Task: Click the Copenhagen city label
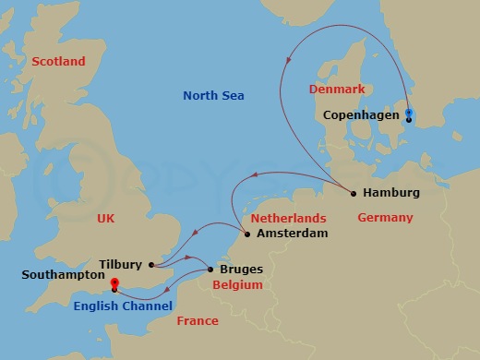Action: [x=362, y=115]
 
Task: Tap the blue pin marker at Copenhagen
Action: [x=409, y=114]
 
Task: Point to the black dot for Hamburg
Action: [x=354, y=193]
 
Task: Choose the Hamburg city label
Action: [x=391, y=193]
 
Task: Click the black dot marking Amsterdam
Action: [x=246, y=234]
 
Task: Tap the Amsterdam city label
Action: [x=292, y=234]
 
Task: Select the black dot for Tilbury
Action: [x=150, y=264]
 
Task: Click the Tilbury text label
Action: [x=119, y=264]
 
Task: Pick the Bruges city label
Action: [x=241, y=270]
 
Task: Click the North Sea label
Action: [x=213, y=95]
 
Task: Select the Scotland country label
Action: [x=58, y=62]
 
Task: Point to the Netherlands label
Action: [x=288, y=218]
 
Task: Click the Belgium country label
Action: [x=238, y=286]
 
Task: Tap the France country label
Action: [x=198, y=321]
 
